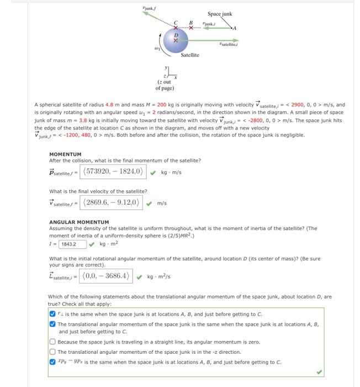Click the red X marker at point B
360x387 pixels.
coord(191,27)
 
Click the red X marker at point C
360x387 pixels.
coord(177,27)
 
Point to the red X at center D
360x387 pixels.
coord(176,40)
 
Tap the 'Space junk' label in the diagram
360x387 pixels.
coord(219,14)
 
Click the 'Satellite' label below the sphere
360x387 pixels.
coord(189,55)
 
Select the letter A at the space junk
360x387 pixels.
coord(235,28)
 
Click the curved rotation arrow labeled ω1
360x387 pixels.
coord(161,42)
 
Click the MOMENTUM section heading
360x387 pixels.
coord(65,154)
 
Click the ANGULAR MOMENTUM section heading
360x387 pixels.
coord(79,222)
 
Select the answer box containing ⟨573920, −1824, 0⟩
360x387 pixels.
coord(113,171)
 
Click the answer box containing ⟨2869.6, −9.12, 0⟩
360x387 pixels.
coord(112,202)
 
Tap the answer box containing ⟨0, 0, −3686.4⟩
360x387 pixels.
coord(106,276)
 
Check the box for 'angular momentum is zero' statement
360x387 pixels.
coord(52,342)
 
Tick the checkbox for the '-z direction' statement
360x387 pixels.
coord(52,352)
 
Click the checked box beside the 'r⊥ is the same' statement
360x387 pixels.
coord(52,313)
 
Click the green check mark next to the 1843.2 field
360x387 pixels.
coord(92,243)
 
